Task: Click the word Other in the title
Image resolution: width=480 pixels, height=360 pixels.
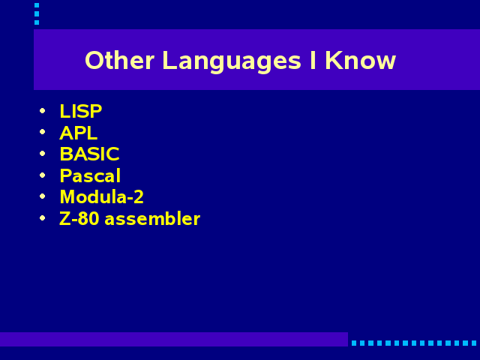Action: (x=119, y=60)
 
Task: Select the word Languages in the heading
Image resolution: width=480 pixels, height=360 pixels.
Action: (x=232, y=62)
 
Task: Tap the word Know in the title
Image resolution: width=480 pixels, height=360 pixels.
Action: (x=360, y=60)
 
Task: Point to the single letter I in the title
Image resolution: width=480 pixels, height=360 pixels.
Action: (x=313, y=60)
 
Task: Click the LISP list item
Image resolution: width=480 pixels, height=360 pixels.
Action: (x=81, y=111)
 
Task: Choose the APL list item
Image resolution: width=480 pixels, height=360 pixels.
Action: (x=78, y=133)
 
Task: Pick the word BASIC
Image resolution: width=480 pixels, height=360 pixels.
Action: (x=89, y=154)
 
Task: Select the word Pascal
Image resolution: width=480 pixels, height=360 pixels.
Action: (x=90, y=175)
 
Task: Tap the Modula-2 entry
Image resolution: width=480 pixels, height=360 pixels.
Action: (x=102, y=196)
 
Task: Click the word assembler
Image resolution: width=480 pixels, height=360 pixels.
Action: (x=152, y=218)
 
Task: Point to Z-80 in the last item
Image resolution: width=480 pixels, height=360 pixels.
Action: (x=79, y=218)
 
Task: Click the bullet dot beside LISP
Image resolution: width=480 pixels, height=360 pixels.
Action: (x=43, y=110)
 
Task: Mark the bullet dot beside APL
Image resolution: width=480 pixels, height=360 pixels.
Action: (x=43, y=132)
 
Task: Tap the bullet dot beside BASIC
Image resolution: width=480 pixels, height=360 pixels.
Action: (x=43, y=153)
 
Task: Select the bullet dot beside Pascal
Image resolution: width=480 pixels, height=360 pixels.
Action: (x=43, y=175)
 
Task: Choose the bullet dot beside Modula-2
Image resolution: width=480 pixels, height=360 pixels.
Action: (x=43, y=196)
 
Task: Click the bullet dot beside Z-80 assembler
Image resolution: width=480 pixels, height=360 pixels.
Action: (x=43, y=218)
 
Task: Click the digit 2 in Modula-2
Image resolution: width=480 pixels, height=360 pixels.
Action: (x=139, y=196)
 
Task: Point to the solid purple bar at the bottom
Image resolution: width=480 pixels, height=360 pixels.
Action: (x=174, y=339)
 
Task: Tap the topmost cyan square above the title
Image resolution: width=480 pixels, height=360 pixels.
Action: (x=37, y=5)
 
